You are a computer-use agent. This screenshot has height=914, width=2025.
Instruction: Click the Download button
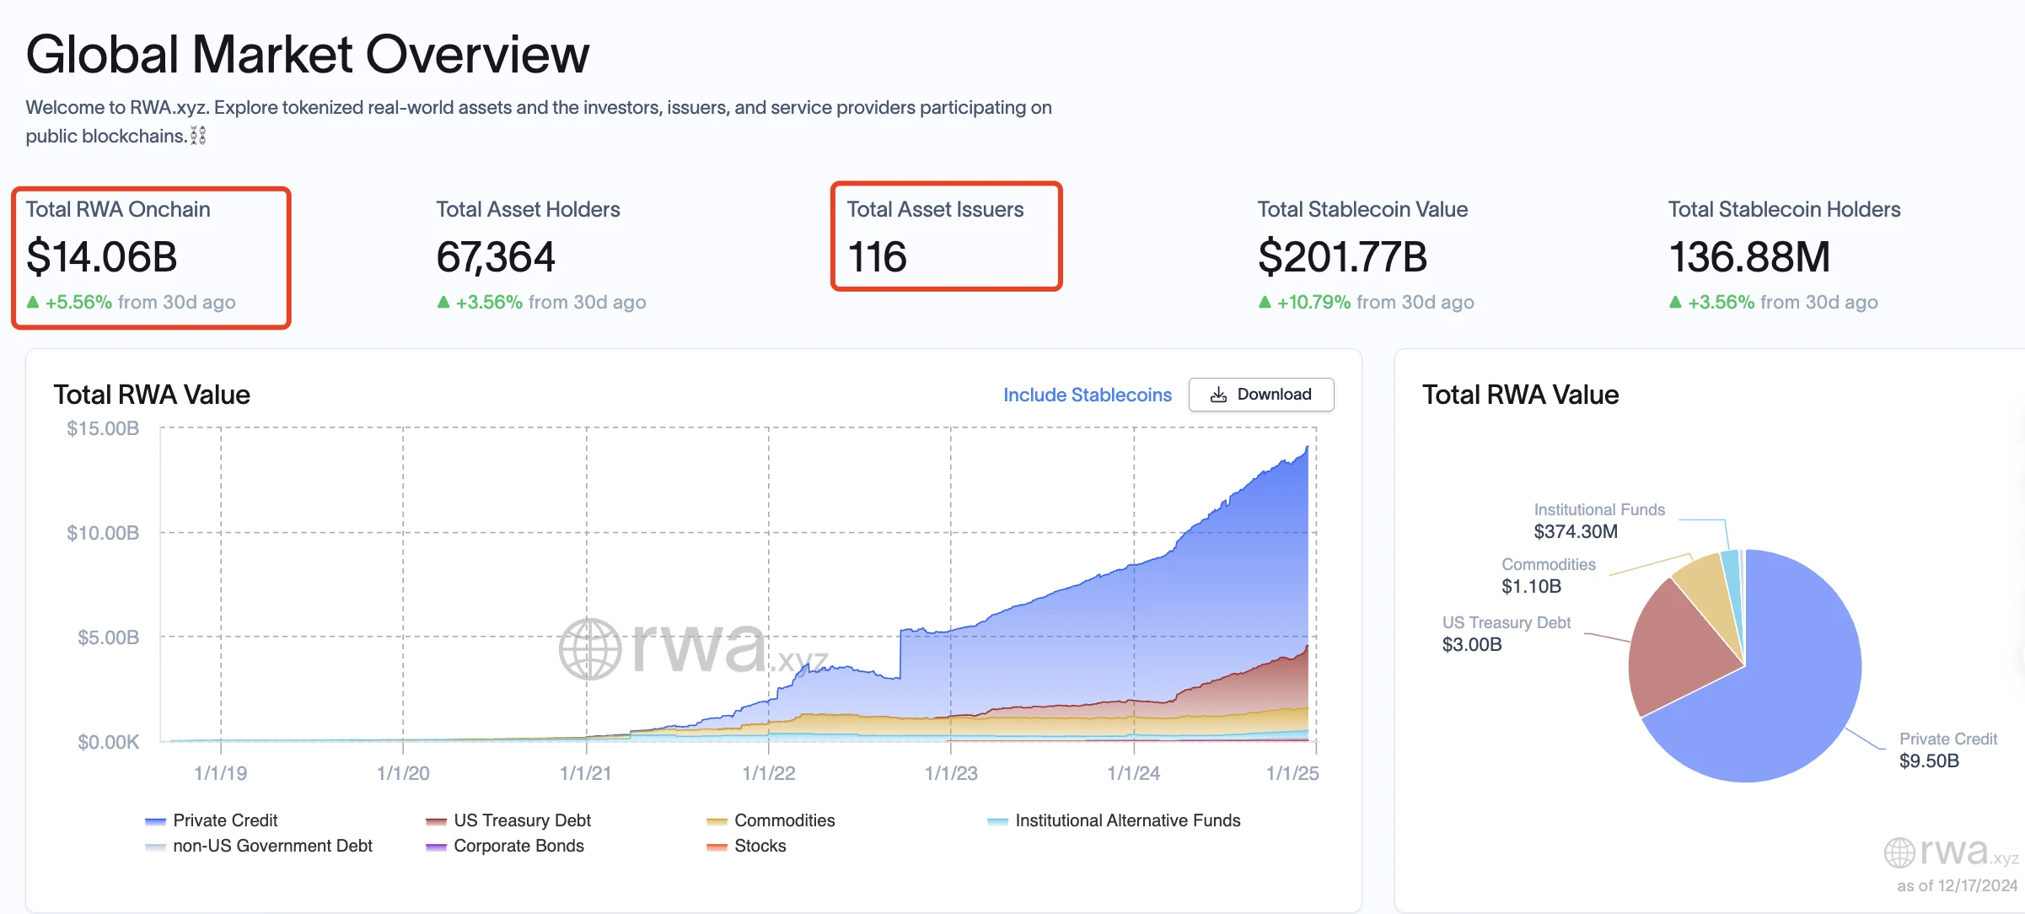click(x=1260, y=395)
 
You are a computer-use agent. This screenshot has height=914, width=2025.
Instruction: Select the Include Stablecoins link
click(x=1087, y=395)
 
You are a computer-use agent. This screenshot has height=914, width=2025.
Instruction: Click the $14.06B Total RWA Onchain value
click(x=102, y=257)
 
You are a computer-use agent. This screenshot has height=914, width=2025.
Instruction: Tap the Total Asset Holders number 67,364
click(x=496, y=257)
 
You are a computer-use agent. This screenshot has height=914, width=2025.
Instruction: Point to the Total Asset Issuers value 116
click(x=877, y=257)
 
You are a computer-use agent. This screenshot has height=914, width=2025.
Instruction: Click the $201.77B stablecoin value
click(x=1342, y=257)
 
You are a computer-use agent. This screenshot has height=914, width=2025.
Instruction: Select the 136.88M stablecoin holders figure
click(x=1749, y=257)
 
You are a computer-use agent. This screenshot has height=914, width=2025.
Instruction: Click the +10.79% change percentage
click(x=1313, y=302)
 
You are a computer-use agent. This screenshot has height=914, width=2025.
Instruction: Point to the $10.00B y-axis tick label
click(x=103, y=533)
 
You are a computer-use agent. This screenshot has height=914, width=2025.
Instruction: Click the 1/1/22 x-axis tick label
click(x=768, y=773)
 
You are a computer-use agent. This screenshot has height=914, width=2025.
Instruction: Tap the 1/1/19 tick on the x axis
click(x=220, y=773)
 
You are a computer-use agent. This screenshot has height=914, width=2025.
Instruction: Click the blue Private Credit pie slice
click(x=1779, y=700)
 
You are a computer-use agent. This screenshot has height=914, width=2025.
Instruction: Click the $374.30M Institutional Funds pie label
click(x=1576, y=531)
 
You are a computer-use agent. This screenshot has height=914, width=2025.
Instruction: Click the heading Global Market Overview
click(x=308, y=55)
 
